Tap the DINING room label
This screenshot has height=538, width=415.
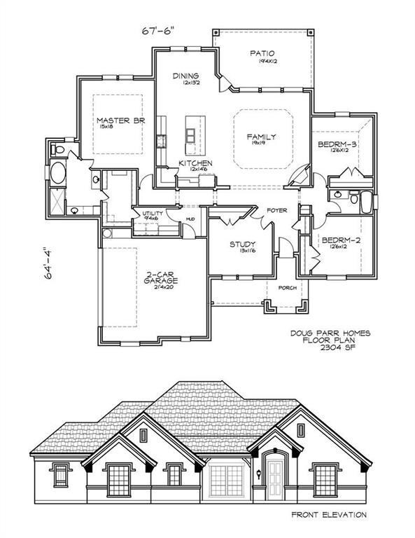point(187,76)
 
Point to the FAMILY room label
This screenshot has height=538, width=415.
point(261,137)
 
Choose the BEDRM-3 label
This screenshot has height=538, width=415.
point(338,144)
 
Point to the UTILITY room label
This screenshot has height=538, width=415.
point(153,214)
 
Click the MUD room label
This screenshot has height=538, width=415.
point(190,220)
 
